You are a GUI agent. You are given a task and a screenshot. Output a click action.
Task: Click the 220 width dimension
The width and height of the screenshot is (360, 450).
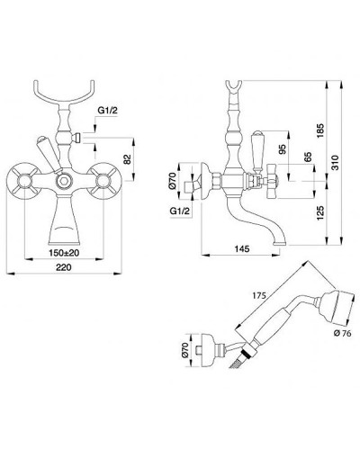coord(64,267)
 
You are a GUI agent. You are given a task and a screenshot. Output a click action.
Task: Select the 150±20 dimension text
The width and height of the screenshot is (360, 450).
coord(64,253)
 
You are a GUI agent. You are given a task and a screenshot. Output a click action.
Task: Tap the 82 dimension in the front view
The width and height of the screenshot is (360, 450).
coord(128,159)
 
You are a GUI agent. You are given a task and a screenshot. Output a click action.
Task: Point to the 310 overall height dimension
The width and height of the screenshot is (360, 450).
coord(336,162)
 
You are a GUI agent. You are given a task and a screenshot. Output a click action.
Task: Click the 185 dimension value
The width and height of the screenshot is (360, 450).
coord(320,130)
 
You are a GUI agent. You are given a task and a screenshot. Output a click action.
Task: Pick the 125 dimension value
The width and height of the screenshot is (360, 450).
coord(320,213)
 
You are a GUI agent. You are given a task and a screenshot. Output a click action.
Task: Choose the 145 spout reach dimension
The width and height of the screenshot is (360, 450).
coord(242,248)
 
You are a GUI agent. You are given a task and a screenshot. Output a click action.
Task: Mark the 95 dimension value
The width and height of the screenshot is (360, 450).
coord(283,149)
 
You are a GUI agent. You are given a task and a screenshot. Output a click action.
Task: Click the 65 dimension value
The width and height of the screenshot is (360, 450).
coord(308,158)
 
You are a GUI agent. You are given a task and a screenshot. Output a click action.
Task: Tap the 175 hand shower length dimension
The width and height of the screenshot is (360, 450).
coord(258,295)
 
